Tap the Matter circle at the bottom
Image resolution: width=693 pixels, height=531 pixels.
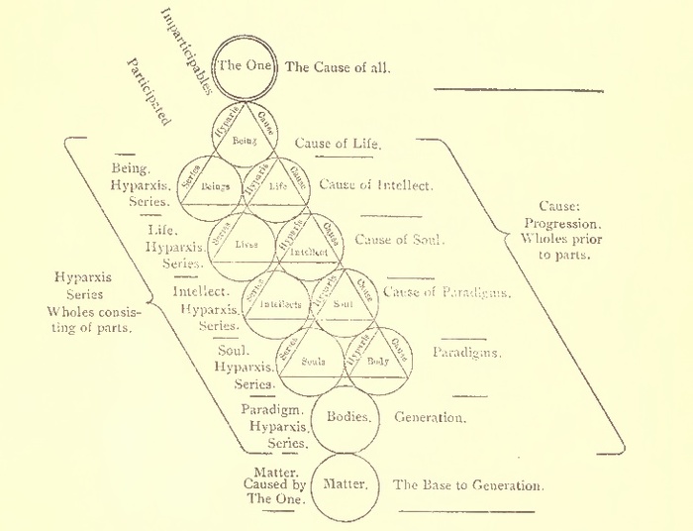pos(346,485)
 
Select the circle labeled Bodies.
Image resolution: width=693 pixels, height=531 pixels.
pos(347,417)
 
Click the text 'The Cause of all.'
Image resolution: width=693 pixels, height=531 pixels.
pos(338,68)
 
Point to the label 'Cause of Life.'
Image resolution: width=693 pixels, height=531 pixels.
pos(339,144)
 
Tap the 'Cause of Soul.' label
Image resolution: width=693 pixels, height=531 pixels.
pos(399,240)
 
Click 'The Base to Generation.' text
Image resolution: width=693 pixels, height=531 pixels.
pos(467,486)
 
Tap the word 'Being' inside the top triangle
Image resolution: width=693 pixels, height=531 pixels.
pos(244,142)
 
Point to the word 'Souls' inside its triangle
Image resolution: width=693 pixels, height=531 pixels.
pos(313,362)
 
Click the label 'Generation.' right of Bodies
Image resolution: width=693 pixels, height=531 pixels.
pos(430,418)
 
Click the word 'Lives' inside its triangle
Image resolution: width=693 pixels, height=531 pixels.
pos(246,243)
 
